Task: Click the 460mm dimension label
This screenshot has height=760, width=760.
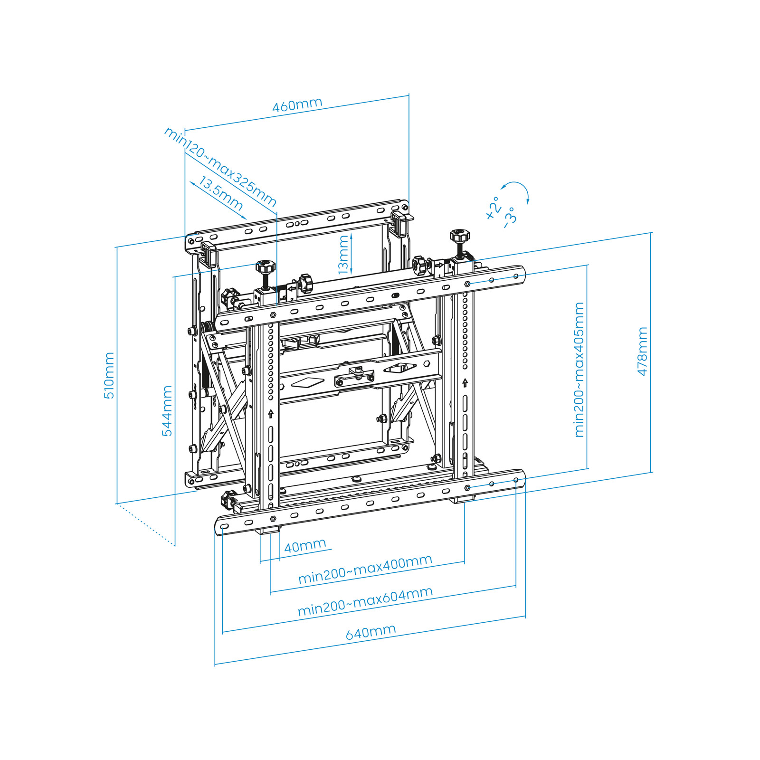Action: pyautogui.click(x=297, y=104)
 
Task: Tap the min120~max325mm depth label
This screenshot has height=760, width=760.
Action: pyautogui.click(x=220, y=167)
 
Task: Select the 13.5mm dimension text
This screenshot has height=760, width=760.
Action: pyautogui.click(x=220, y=193)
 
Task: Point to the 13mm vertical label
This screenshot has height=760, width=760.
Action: pyautogui.click(x=343, y=255)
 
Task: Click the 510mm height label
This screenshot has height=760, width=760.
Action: pyautogui.click(x=109, y=375)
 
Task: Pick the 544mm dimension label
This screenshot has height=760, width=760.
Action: pyautogui.click(x=167, y=410)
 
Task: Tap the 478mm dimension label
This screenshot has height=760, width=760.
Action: pyautogui.click(x=642, y=351)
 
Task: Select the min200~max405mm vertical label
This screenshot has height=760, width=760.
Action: pyautogui.click(x=579, y=370)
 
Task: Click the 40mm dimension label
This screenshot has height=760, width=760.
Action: pyautogui.click(x=305, y=545)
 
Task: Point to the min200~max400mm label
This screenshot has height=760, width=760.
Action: pyautogui.click(x=365, y=569)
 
